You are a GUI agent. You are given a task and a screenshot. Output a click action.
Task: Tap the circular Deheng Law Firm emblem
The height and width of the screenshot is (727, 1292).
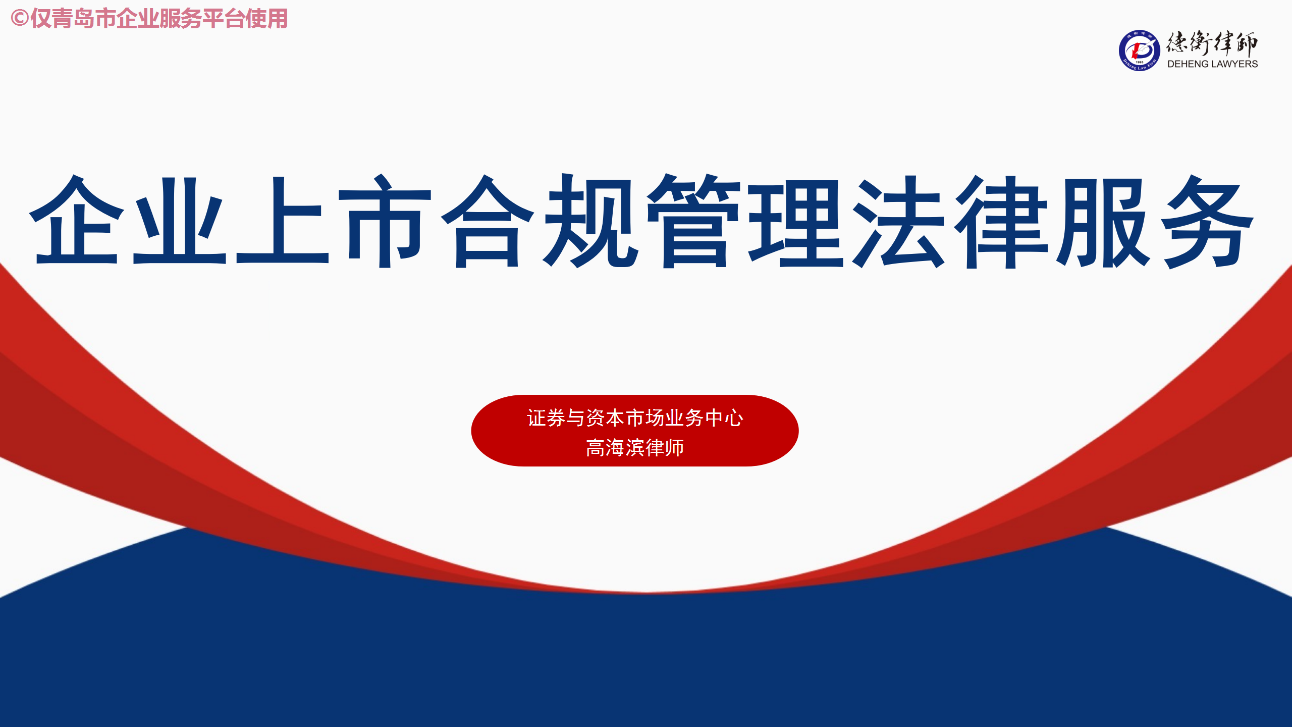coord(1139,50)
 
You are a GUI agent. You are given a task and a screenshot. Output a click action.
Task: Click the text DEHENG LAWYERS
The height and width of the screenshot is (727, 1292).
coord(1212,64)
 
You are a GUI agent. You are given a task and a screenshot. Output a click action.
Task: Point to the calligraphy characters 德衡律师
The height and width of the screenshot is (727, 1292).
coord(1212,43)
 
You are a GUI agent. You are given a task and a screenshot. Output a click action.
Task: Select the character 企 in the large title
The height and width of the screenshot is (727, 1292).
coord(77,220)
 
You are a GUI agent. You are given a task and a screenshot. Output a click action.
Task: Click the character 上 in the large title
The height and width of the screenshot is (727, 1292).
coord(283,220)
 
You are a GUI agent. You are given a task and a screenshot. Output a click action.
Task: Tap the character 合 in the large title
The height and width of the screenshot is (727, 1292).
coord(488,220)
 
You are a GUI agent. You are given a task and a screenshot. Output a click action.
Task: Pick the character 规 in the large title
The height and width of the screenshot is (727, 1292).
coord(590,220)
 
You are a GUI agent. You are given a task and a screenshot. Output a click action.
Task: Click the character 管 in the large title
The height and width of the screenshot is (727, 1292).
coord(693,220)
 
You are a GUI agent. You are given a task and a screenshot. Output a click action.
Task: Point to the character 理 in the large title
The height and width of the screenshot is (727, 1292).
coord(796,221)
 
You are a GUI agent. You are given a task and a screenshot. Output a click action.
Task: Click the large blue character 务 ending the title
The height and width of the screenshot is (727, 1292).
coord(1207,221)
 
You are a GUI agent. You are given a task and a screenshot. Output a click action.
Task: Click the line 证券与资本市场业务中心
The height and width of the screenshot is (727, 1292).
coord(635,418)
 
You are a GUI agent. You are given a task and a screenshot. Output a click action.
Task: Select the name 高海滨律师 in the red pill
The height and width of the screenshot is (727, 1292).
coord(635,448)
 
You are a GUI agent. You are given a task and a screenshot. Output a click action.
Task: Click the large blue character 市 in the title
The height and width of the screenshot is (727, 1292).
coord(385,220)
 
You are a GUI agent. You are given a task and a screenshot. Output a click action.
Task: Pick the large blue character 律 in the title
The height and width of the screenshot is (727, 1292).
coord(1002,221)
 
